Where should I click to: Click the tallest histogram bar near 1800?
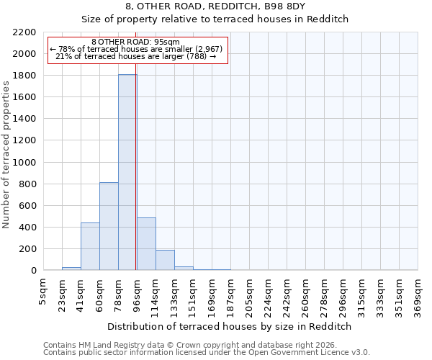click(127, 173)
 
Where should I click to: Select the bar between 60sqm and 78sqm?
click(109, 227)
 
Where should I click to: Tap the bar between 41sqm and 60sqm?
click(90, 247)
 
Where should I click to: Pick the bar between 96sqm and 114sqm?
click(146, 244)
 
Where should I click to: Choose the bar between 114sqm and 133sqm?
click(165, 260)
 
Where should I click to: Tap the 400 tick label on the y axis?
click(29, 228)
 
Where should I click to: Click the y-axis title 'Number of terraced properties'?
click(6, 155)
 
